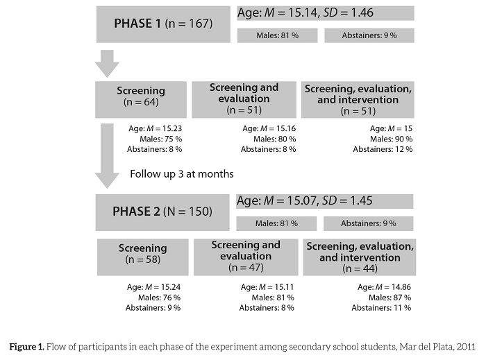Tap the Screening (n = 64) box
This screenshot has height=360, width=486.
[141, 96]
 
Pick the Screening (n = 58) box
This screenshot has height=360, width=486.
[142, 253]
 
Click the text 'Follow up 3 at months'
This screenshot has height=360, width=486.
[182, 173]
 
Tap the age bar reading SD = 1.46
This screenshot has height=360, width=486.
[325, 13]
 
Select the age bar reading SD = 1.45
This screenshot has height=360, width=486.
[325, 201]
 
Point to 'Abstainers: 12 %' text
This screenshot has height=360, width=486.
[383, 149]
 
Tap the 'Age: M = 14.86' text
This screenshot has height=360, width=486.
[384, 286]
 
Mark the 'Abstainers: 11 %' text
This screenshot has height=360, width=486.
[382, 307]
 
